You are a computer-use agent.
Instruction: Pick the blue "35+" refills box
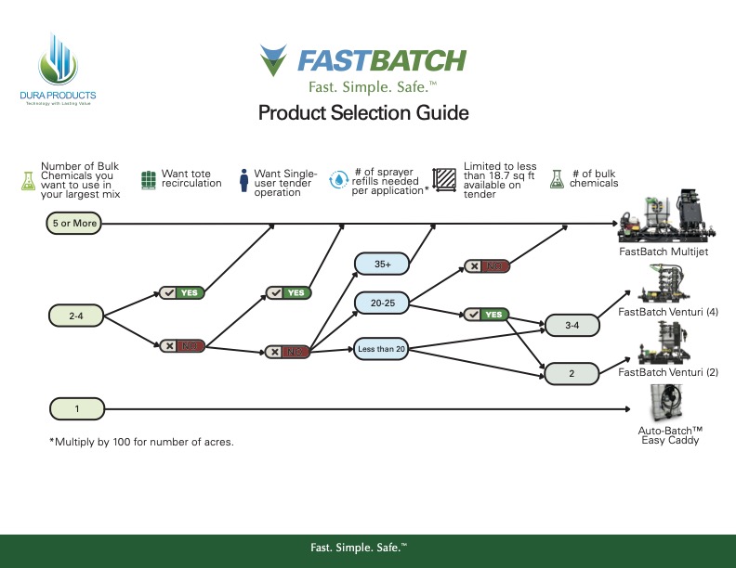(382, 265)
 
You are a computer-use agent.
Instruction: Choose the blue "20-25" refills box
(382, 303)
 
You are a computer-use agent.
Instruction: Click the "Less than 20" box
(382, 350)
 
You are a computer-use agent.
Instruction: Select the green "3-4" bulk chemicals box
(572, 326)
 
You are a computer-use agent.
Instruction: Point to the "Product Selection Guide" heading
(362, 113)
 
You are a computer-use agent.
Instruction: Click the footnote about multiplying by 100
(141, 442)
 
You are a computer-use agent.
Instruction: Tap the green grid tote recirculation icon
(149, 178)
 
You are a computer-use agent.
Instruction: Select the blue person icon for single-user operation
(243, 178)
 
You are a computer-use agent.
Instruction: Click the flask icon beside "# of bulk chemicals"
(558, 178)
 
